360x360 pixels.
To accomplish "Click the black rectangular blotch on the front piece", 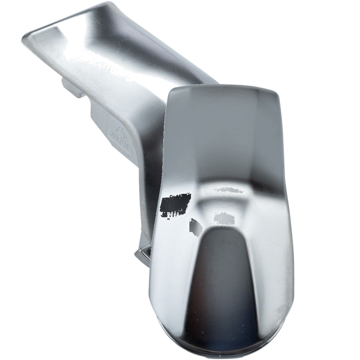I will [175, 202].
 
